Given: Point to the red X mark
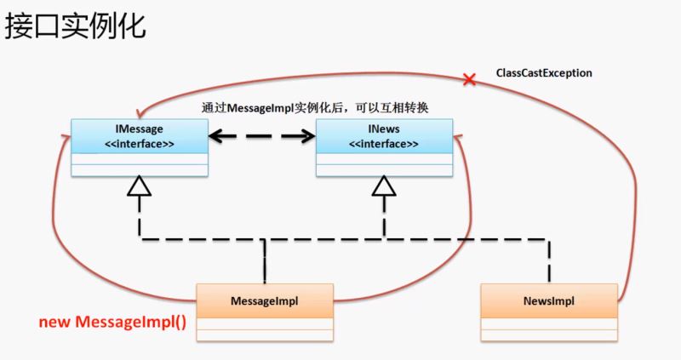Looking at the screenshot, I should click(468, 80).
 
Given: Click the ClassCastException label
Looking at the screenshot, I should click(544, 74).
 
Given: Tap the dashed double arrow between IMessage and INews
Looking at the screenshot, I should click(261, 134).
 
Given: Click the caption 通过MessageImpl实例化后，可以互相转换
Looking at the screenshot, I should click(314, 109).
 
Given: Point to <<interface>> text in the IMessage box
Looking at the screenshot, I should click(140, 145).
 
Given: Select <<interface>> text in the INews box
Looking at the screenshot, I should click(384, 145).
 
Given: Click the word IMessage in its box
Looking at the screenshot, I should click(140, 129).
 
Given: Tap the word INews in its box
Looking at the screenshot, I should click(384, 129).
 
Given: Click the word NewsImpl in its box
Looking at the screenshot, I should click(548, 301).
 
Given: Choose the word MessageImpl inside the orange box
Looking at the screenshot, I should click(265, 301).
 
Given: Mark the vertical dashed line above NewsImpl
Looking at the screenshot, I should click(548, 260).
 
